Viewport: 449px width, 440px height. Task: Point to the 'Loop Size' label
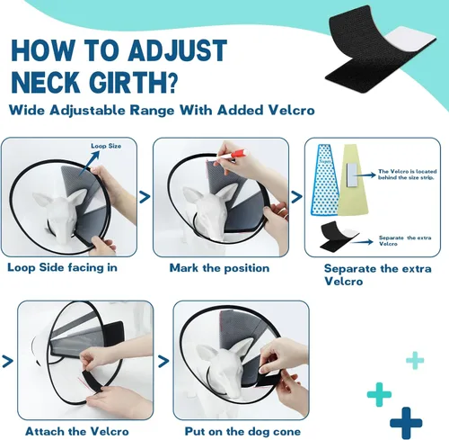point(105,144)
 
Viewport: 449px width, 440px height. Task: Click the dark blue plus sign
point(406,421)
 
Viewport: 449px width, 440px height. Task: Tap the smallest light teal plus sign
point(414,361)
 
